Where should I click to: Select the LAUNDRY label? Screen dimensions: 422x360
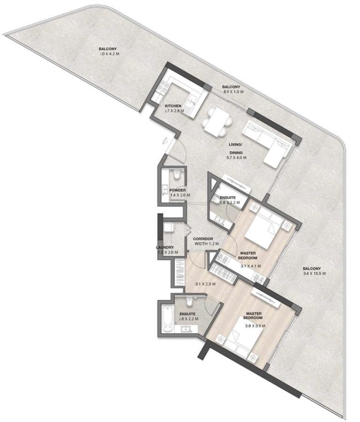pos(165,247)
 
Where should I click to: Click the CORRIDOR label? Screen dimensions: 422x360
pos(203,238)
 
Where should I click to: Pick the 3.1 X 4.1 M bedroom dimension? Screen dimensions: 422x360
pos(251,266)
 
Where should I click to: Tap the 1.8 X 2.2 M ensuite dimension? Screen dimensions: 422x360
pos(230,203)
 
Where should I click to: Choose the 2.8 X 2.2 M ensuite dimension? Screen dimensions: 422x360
pos(188,319)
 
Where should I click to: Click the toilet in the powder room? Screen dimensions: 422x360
pos(177,175)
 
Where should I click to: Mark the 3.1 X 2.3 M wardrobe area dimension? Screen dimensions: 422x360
pos(205,283)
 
